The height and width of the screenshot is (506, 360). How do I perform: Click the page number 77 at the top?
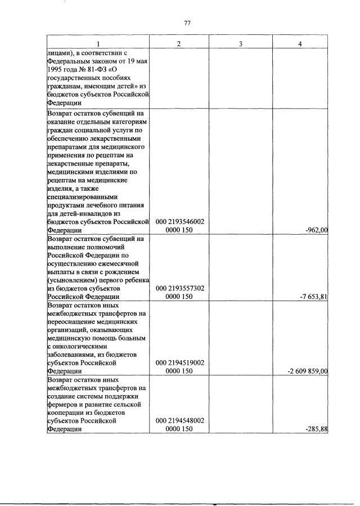coord(188,23)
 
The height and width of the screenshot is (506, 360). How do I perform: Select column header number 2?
coord(179,44)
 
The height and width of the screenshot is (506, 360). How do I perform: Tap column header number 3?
coord(240,44)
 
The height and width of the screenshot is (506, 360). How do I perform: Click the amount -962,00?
coord(315,230)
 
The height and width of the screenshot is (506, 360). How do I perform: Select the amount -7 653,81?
coord(313,297)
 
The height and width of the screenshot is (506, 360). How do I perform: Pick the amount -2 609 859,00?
coord(307,371)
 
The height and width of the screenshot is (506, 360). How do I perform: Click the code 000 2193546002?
coord(179,222)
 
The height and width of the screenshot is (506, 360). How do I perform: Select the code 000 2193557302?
coord(179,288)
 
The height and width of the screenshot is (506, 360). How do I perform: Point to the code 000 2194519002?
coord(179,363)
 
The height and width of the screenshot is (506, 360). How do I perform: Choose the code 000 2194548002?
coord(179,421)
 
